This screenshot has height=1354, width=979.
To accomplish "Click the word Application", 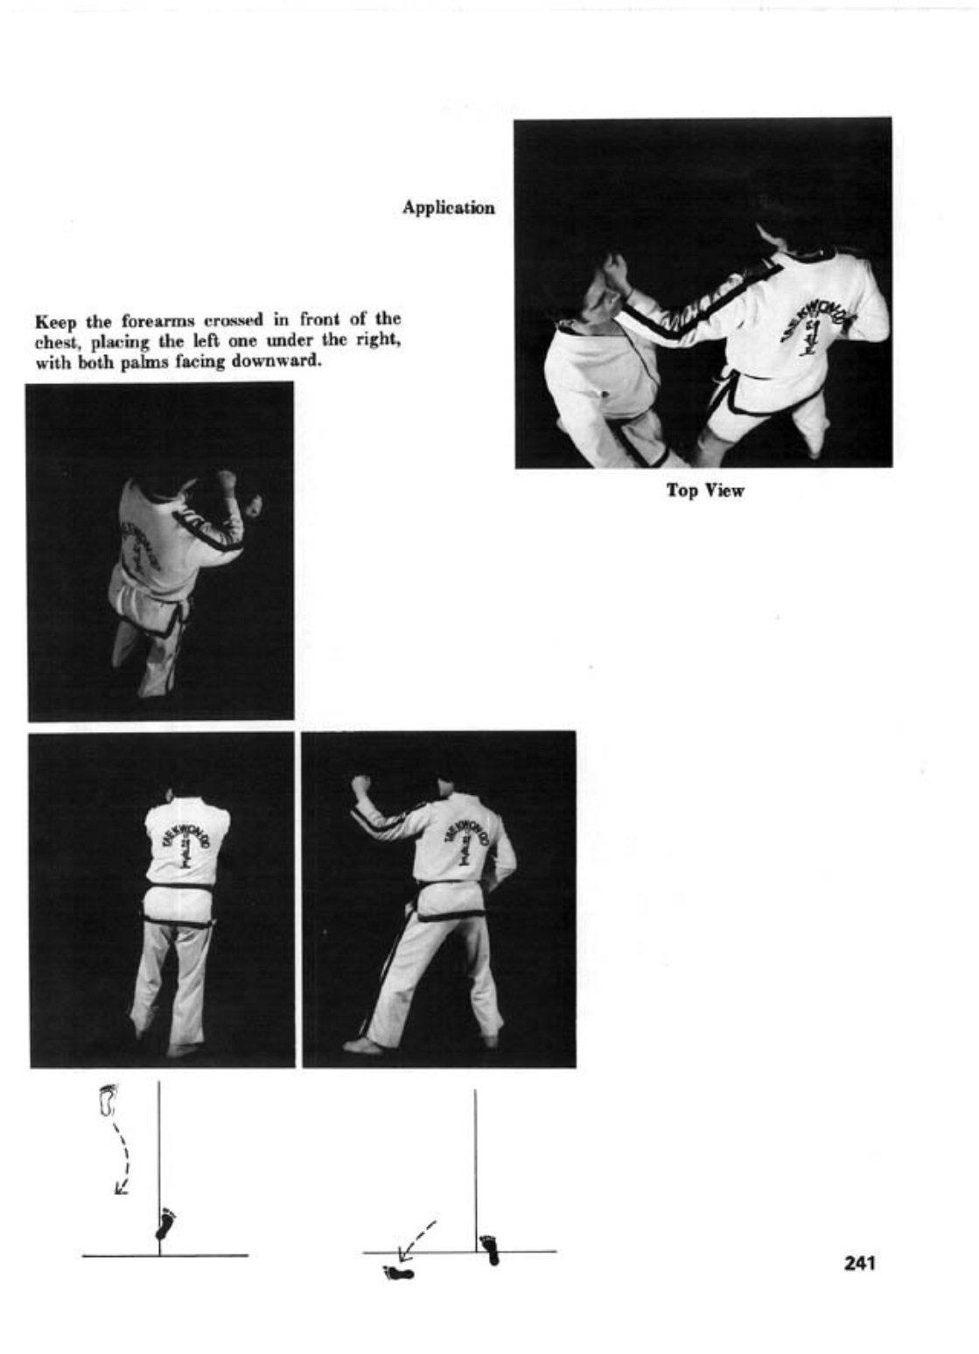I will coord(448,208).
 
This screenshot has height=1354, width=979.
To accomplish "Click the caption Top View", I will coord(704,491).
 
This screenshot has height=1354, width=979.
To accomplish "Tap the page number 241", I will coord(860,1263).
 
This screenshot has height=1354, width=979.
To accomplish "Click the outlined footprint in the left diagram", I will coord(108,1099).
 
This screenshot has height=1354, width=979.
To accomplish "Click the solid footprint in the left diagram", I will coord(164,1224).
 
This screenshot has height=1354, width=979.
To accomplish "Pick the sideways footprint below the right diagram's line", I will coord(399,1274).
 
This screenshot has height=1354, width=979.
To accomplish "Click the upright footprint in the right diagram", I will coord(490,1248).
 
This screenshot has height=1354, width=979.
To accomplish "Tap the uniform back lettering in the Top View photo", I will coord(804,328).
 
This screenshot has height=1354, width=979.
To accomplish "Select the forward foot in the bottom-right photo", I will coord(361,1044).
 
